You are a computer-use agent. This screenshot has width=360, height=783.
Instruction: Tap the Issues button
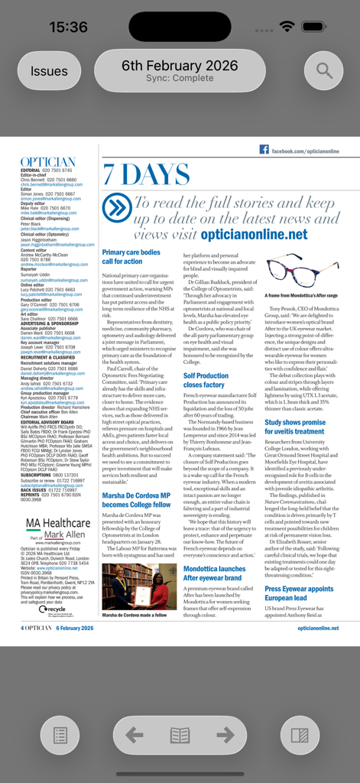[49, 71]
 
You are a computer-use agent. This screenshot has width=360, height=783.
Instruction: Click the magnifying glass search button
[324, 71]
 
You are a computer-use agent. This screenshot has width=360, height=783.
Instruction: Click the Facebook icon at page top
[264, 151]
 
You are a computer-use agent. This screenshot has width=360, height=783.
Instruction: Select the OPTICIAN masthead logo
[48, 162]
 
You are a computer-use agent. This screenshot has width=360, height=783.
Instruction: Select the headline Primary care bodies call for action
[131, 256]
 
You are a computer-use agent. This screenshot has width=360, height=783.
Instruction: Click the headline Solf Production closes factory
[206, 380]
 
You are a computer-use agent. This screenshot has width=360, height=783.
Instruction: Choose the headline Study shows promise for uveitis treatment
[295, 426]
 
